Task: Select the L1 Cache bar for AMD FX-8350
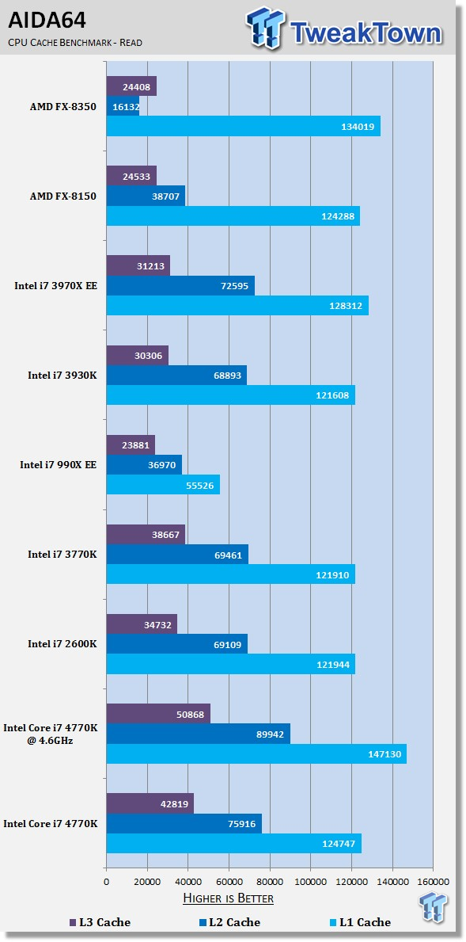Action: point(244,126)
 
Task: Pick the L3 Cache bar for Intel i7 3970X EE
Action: point(138,265)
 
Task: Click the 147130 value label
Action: point(385,754)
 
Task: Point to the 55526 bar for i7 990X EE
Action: point(163,485)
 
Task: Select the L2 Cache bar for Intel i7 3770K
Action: point(177,555)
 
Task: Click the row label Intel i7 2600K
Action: point(63,644)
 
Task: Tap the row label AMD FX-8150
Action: point(63,196)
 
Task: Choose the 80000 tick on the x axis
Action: point(270,881)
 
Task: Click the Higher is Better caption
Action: point(228,898)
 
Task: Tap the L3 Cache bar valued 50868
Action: point(158,714)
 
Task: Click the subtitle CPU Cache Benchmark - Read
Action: point(75,43)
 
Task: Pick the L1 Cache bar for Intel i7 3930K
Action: point(231,395)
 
